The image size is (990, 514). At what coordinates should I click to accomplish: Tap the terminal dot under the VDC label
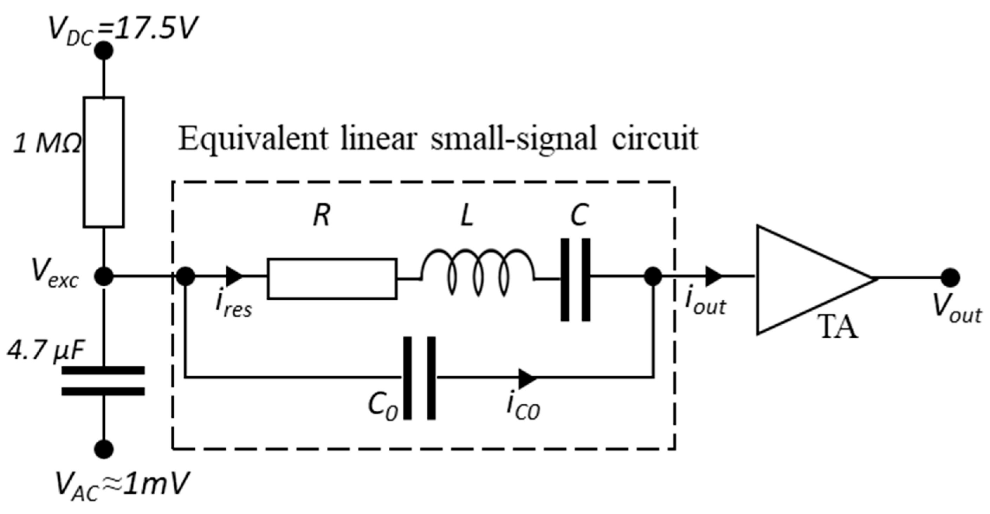103,51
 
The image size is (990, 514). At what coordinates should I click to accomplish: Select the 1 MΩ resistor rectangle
104,162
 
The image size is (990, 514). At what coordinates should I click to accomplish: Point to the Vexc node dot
104,276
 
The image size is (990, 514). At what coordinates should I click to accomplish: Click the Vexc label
54,275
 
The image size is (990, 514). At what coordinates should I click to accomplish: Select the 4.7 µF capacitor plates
103,381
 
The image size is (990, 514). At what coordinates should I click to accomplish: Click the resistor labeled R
332,279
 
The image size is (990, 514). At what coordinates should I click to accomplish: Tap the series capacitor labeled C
575,280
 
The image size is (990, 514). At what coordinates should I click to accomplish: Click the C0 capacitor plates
420,378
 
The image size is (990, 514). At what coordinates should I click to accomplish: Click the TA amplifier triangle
803,280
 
